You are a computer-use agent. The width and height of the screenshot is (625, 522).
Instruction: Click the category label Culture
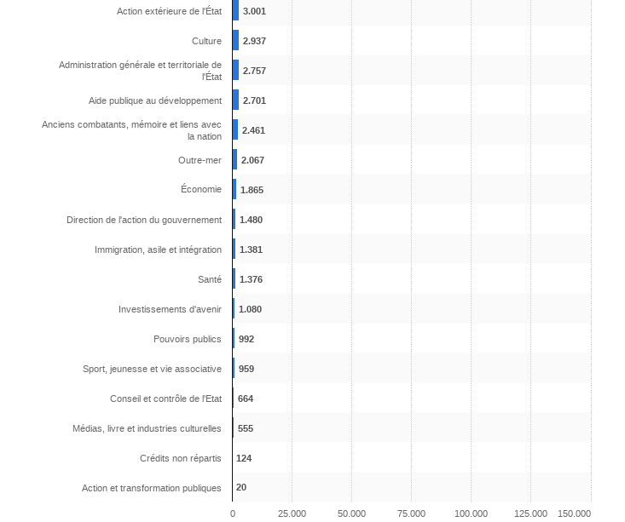pyautogui.click(x=206, y=41)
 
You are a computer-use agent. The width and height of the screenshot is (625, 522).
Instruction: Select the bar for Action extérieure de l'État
pyautogui.click(x=235, y=11)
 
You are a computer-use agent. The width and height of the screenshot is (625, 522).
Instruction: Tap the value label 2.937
pyautogui.click(x=255, y=41)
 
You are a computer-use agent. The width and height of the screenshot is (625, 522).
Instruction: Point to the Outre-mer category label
pyautogui.click(x=200, y=160)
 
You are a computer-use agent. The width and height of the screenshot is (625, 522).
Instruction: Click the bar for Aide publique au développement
pyautogui.click(x=235, y=100)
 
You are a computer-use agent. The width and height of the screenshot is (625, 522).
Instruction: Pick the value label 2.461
pyautogui.click(x=254, y=130)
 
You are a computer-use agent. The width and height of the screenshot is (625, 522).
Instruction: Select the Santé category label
pyautogui.click(x=209, y=279)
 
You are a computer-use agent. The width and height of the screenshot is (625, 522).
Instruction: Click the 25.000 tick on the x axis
pyautogui.click(x=292, y=513)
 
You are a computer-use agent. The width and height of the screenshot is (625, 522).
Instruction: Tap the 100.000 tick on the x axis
pyautogui.click(x=471, y=513)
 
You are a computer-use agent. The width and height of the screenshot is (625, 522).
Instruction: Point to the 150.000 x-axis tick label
pyautogui.click(x=575, y=513)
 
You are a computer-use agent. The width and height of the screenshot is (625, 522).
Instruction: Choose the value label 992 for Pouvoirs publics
pyautogui.click(x=246, y=339)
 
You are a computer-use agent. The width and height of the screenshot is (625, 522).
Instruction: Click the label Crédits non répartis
pyautogui.click(x=180, y=458)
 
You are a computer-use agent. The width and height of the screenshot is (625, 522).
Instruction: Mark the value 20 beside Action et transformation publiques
pyautogui.click(x=241, y=488)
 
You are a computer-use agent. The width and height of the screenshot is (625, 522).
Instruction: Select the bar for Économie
pyautogui.click(x=234, y=190)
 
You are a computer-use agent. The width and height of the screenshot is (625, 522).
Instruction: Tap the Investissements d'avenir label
pyautogui.click(x=170, y=309)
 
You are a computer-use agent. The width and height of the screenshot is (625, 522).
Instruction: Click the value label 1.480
pyautogui.click(x=252, y=220)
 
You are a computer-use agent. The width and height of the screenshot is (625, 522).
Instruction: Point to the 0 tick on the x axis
pyautogui.click(x=233, y=513)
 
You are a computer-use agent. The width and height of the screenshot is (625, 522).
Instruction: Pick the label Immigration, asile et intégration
pyautogui.click(x=158, y=250)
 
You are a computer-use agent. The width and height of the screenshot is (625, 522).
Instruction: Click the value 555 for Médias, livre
pyautogui.click(x=246, y=428)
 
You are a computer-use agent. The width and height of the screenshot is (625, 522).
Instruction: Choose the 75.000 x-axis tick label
pyautogui.click(x=411, y=513)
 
